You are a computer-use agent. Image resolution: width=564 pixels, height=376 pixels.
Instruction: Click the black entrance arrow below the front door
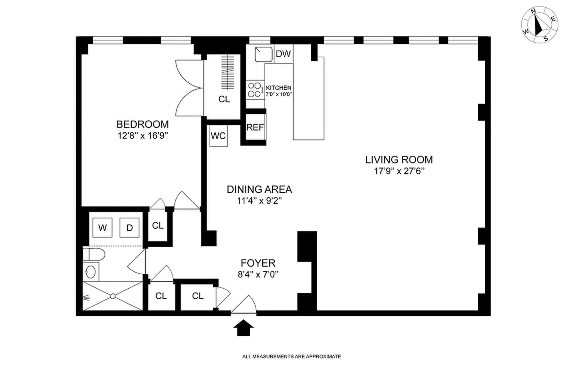243,328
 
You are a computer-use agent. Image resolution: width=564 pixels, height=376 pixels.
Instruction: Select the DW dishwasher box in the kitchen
283,54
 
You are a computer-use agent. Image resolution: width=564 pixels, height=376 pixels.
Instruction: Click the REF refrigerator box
255,127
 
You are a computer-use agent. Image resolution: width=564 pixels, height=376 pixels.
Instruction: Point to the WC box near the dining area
218,136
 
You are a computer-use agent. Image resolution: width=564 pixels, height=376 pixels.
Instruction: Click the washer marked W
102,227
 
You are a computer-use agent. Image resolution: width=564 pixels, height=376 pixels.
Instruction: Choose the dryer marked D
130,227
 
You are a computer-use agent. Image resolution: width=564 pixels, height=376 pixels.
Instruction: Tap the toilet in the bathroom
94,254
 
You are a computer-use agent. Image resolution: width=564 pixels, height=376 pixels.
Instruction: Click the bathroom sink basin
91,272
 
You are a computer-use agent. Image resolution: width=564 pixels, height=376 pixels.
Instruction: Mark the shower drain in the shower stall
113,296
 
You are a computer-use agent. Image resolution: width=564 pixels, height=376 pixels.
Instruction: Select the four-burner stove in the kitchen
255,90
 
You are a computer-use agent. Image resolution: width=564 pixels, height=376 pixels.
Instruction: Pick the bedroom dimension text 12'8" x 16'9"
142,136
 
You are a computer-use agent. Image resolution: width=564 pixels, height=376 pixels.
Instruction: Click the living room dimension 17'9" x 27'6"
399,171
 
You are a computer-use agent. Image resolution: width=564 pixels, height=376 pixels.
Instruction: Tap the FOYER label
258,263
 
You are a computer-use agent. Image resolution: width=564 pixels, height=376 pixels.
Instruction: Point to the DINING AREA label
259,189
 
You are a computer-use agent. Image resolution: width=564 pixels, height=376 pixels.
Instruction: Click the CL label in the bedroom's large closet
224,99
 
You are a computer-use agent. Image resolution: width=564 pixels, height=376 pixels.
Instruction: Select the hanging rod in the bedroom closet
228,72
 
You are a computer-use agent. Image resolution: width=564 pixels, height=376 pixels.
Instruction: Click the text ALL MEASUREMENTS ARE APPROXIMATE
291,357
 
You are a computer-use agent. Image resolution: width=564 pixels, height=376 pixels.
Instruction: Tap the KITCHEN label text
278,88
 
